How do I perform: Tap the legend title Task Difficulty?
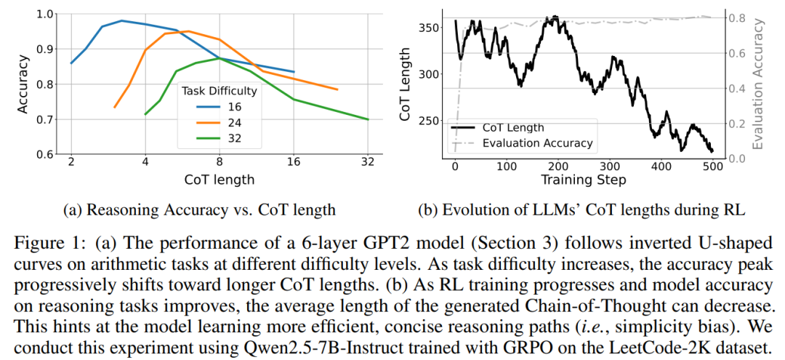point(220,91)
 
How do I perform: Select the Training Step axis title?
point(583,179)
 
